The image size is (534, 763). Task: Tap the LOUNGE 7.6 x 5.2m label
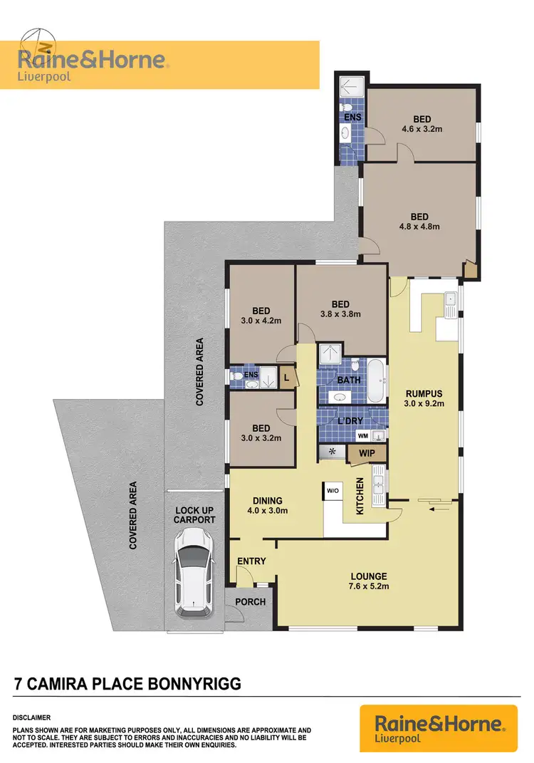368,581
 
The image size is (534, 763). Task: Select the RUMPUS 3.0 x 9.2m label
424,398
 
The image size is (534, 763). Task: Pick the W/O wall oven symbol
333,491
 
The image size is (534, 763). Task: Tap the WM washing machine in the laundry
362,435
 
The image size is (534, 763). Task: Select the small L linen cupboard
287,378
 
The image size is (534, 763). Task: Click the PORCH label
250,602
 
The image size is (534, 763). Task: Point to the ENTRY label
252,561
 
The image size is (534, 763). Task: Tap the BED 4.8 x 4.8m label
419,222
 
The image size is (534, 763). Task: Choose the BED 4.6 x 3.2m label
422,124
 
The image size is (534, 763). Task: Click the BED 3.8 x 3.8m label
340,308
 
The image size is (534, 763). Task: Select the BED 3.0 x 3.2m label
261,433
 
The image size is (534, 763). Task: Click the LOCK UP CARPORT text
195,514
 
